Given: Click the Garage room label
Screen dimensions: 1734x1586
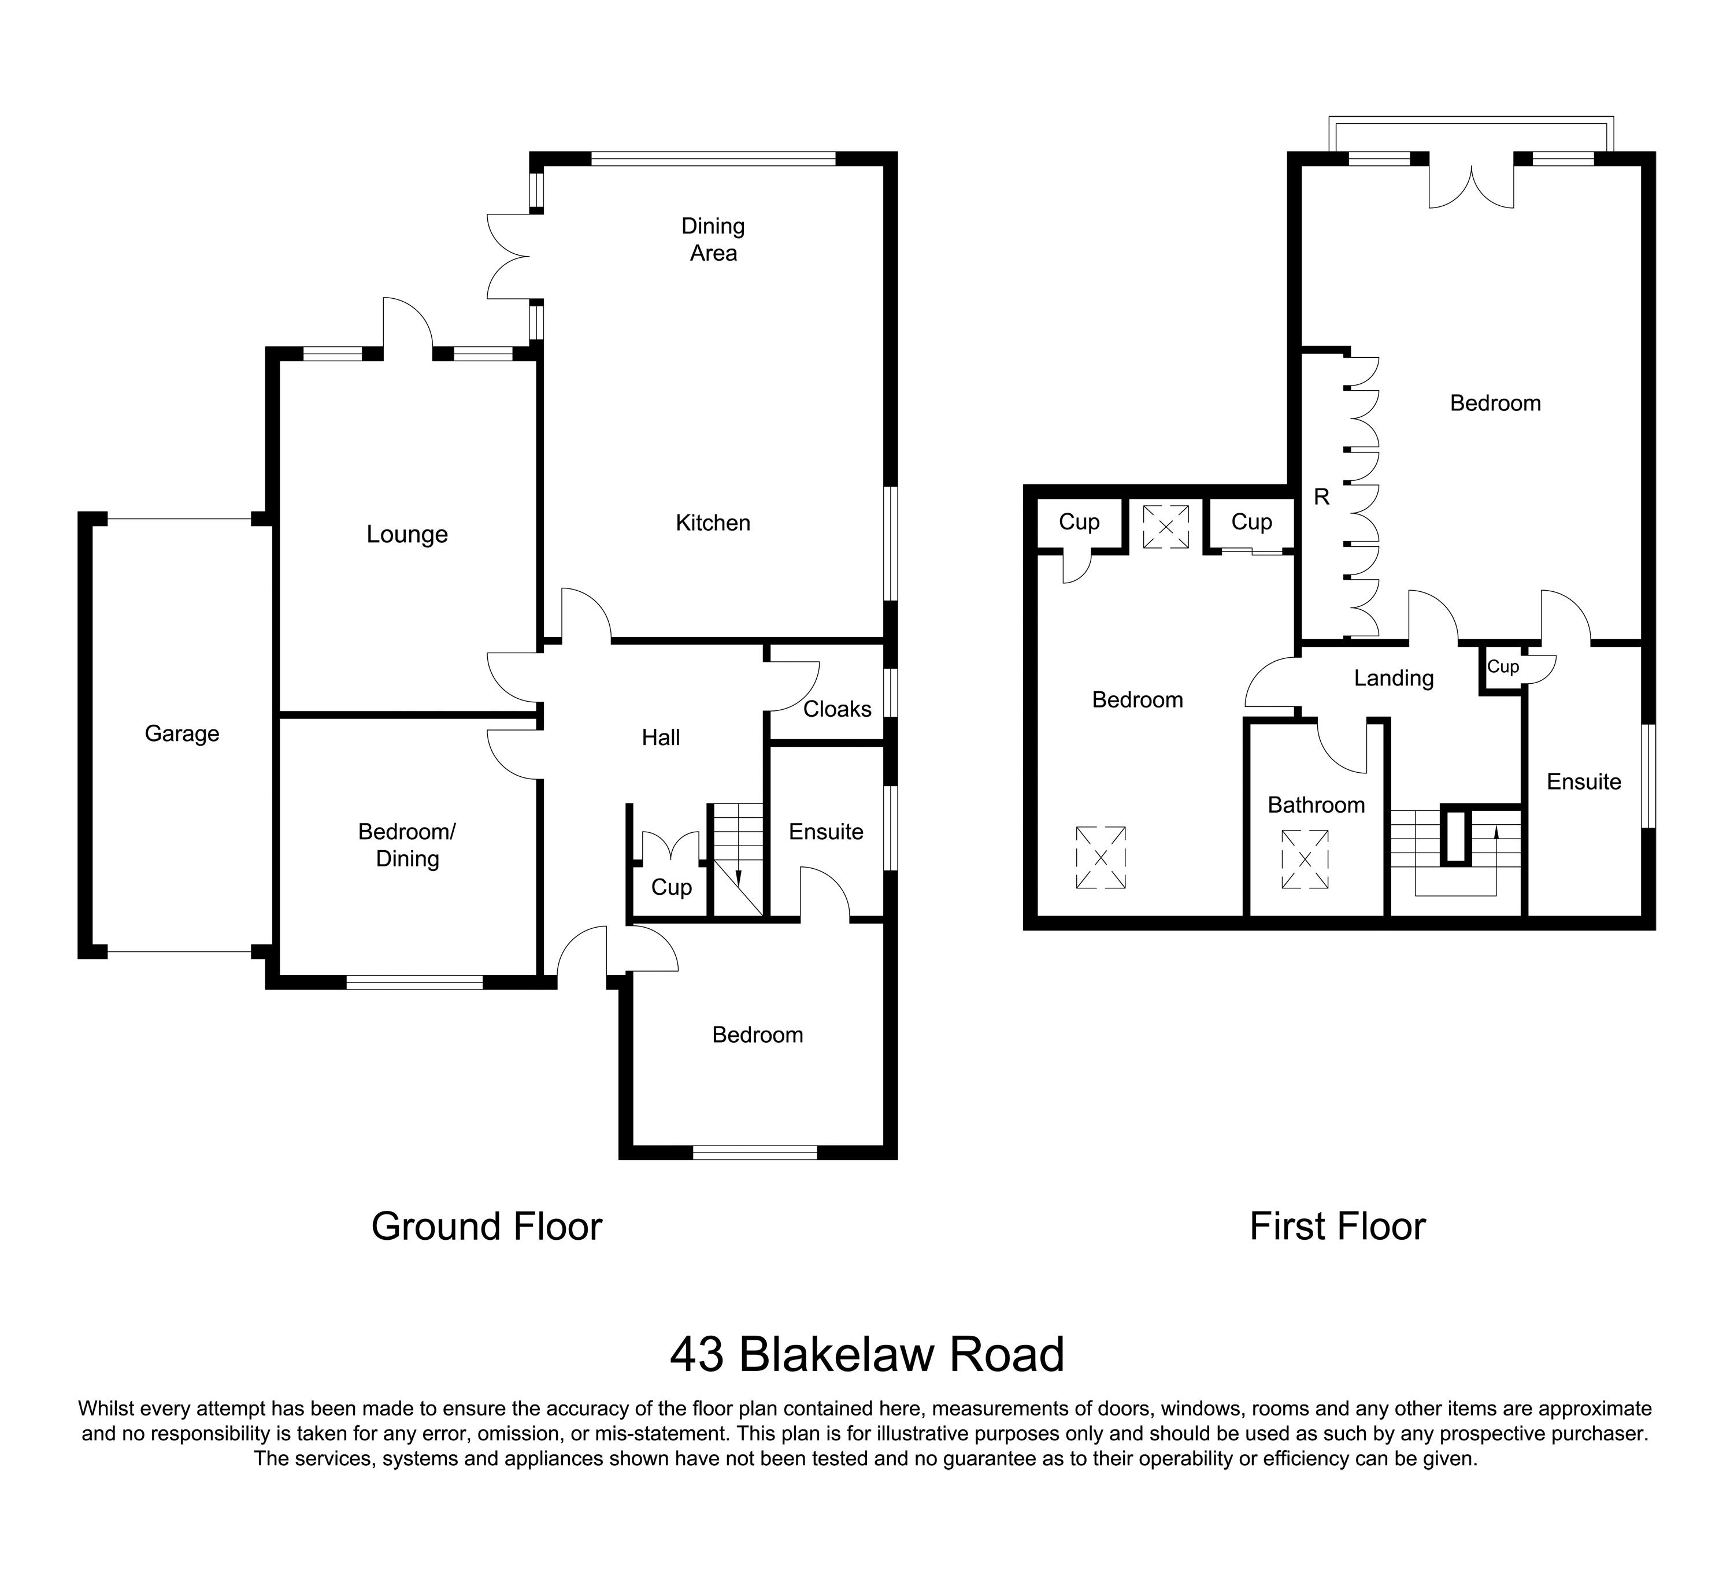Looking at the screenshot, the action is pos(181,733).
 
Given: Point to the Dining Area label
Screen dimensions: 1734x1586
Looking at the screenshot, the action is pos(713,239).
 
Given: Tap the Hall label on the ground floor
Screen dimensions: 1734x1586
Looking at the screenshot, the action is pos(661,737).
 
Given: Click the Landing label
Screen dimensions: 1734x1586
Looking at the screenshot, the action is pos(1394,679).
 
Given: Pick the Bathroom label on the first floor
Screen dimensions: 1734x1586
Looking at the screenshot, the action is pos(1316,805).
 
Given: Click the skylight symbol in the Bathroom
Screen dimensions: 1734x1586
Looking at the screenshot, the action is pos(1305,858).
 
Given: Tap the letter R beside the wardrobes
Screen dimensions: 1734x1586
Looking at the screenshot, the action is pos(1322,497).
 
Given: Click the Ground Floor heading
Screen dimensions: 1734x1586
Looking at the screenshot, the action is pos(486,1226).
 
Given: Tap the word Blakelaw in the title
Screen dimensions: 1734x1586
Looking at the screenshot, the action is pos(824,1355).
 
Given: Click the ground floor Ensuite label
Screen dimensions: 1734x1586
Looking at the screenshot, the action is pos(826,832).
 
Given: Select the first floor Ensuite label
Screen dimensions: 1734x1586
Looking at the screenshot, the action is pos(1584,782).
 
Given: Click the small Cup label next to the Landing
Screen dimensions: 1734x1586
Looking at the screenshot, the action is pos(1503,666).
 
